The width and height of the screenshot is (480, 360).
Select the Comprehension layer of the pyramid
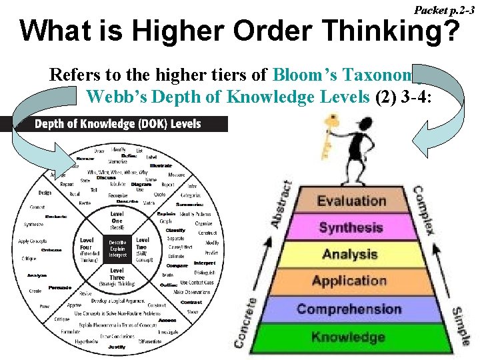pyautogui.click(x=349, y=309)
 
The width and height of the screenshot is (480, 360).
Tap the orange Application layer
pyautogui.click(x=349, y=281)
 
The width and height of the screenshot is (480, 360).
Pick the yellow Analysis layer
pyautogui.click(x=350, y=254)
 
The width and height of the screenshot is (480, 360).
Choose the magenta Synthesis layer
pyautogui.click(x=351, y=227)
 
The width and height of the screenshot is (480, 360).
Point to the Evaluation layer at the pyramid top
pyautogui.click(x=351, y=201)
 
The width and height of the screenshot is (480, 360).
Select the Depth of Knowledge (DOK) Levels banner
pyautogui.click(x=117, y=124)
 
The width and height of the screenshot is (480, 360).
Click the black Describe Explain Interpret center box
pyautogui.click(x=117, y=248)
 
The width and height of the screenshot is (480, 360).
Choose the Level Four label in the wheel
pyautogui.click(x=87, y=248)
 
